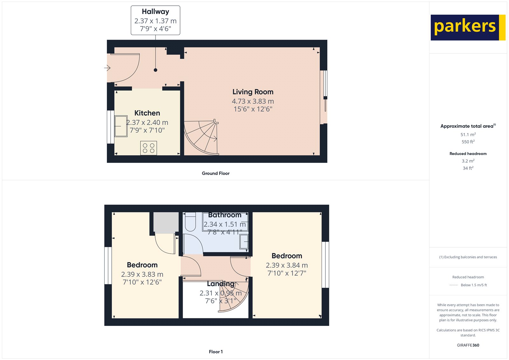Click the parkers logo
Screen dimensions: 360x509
click(x=468, y=27)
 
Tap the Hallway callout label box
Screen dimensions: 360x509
click(x=155, y=20)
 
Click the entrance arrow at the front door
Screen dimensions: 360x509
click(x=107, y=68)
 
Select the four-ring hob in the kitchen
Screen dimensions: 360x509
click(x=149, y=148)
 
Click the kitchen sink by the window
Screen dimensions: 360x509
click(x=121, y=126)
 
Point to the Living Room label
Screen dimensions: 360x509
click(x=253, y=92)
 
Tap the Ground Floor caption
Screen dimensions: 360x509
click(x=215, y=173)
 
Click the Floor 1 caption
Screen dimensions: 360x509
click(x=216, y=352)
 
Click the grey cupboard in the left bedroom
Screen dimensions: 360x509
click(x=166, y=222)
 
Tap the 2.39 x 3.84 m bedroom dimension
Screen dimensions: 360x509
click(x=287, y=265)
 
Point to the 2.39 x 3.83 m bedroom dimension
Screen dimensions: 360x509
click(x=142, y=274)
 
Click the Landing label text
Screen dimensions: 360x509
click(x=220, y=284)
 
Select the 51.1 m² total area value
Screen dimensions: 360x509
click(x=468, y=135)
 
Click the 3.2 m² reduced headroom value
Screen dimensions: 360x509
click(x=468, y=161)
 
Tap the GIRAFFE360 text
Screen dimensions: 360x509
click(x=468, y=345)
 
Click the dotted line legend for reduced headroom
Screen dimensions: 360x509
click(x=453, y=285)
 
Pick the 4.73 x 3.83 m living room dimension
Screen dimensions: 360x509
click(x=253, y=101)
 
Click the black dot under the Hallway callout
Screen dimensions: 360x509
click(x=156, y=70)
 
